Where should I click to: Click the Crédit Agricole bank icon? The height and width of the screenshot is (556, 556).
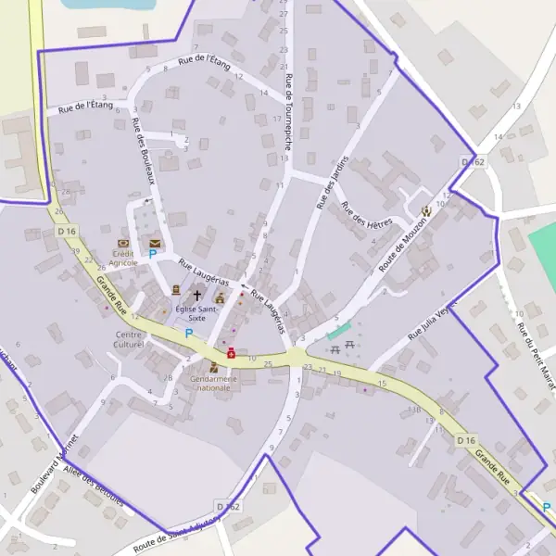click(124, 242)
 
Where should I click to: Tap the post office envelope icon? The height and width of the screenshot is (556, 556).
click(154, 243)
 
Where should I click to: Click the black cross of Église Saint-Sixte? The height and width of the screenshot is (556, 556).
click(196, 295)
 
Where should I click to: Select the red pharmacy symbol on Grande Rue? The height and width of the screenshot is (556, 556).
click(231, 352)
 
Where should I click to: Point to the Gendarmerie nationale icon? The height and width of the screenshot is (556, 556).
click(214, 367)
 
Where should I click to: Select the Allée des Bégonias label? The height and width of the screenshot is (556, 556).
click(93, 485)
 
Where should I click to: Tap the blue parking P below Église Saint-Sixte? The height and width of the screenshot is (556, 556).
click(189, 333)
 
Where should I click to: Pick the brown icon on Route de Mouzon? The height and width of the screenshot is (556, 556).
click(425, 211)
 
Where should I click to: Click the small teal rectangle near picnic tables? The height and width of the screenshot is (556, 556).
click(339, 331)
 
